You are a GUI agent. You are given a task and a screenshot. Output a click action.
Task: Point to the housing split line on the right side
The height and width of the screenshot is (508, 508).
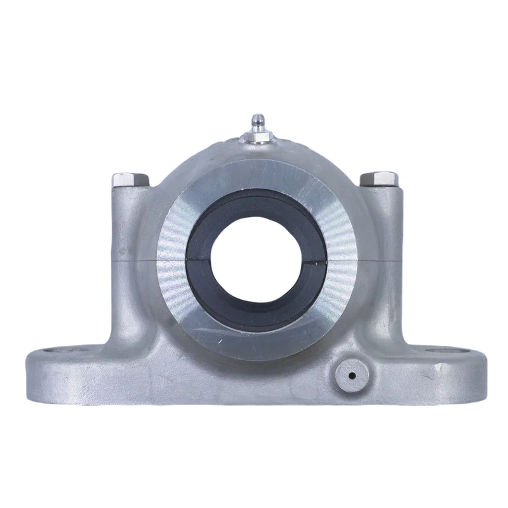(x=381, y=259)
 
